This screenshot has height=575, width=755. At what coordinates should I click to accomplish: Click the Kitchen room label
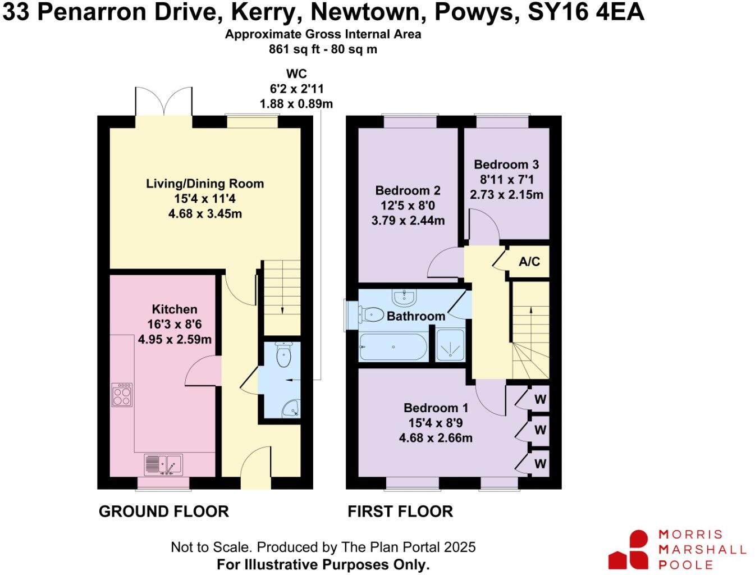pos(175,309)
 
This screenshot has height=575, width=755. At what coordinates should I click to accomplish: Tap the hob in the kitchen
pos(122,394)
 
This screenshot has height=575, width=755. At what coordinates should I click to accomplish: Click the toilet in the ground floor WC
pos(283,355)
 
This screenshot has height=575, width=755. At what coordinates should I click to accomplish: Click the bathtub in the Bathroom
pos(393,346)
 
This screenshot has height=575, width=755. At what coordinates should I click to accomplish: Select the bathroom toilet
pos(370,314)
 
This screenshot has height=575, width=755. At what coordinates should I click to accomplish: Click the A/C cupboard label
pos(529,262)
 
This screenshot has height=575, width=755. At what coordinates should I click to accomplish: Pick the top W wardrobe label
pos(540,400)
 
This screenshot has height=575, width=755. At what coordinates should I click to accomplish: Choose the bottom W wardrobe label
pos(540,464)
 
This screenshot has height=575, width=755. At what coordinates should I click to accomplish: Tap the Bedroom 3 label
pos(506,165)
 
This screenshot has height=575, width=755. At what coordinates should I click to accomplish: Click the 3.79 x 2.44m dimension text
pos(408,221)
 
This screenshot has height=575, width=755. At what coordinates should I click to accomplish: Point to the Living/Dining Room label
pos(205,184)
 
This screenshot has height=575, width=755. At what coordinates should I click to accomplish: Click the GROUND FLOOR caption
pos(164,512)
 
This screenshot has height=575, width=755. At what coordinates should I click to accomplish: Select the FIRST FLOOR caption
pos(400,512)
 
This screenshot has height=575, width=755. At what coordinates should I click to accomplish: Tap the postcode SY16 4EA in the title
pos(586,12)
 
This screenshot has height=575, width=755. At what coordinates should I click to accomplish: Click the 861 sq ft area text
pos(292,49)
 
